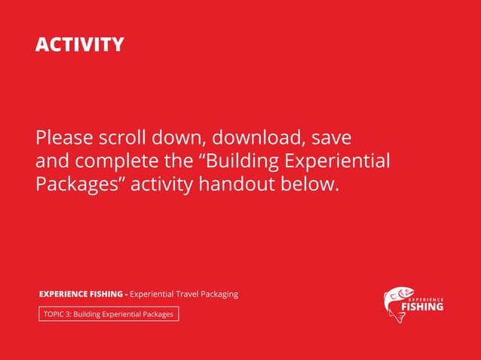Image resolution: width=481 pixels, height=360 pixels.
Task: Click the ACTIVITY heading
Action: click(79, 44)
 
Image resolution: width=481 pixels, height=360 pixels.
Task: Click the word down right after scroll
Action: click(181, 139)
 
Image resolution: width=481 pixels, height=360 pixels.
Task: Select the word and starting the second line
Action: click(51, 161)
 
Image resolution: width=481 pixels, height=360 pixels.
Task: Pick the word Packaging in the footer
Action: click(218, 294)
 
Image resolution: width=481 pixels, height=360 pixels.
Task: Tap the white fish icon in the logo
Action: click(397, 303)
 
